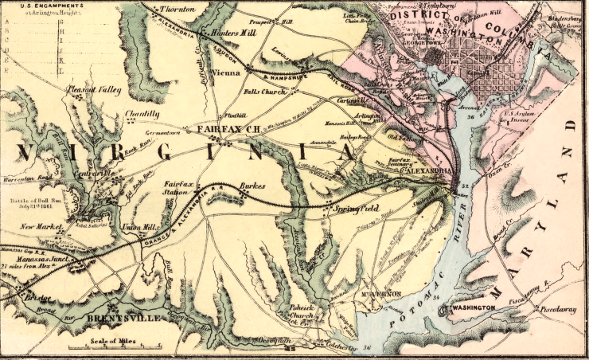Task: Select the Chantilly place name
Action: pyautogui.click(x=142, y=115)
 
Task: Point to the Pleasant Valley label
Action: pyautogui.click(x=94, y=90)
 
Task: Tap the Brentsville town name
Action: pyautogui.click(x=127, y=318)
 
